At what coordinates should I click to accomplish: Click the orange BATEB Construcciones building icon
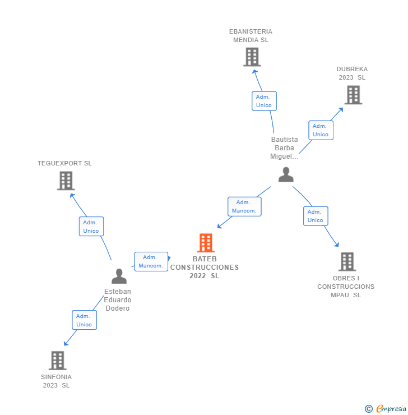206,243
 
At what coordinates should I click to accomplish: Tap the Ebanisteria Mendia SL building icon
252,57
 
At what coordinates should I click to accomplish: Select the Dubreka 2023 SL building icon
353,95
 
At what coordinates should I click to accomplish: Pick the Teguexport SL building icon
66,181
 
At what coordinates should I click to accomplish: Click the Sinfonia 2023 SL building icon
57,360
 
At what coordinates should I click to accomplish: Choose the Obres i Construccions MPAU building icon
347,261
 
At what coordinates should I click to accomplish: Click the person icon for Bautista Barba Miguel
286,175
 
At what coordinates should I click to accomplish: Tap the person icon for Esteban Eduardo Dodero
119,276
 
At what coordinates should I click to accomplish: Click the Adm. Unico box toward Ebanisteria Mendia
263,101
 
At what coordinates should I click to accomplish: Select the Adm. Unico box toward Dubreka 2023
321,130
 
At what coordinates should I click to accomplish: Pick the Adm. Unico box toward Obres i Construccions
316,216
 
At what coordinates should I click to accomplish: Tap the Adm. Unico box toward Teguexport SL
91,227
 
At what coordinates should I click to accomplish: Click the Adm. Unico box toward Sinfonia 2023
84,320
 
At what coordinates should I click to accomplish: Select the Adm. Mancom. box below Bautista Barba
244,206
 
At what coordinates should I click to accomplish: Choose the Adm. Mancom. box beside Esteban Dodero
151,261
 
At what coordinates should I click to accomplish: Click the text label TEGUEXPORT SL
64,163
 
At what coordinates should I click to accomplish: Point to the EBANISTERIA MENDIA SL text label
251,35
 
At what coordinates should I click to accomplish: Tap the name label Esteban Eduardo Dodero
118,300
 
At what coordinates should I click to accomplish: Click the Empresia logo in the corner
386,408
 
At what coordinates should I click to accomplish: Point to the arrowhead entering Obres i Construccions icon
337,245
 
